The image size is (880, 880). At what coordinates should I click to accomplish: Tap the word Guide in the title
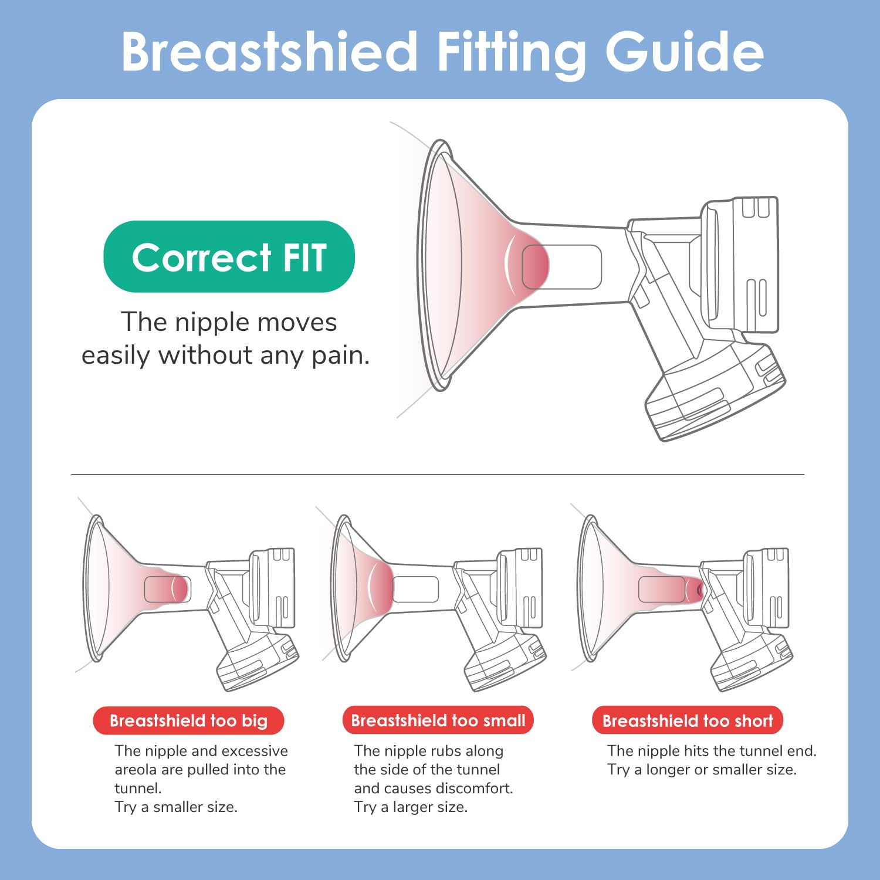click(685, 53)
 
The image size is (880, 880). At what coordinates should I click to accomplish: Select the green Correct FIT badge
click(229, 256)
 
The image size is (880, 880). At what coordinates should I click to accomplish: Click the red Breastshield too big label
click(188, 720)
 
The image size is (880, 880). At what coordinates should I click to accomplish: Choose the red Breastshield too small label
click(438, 720)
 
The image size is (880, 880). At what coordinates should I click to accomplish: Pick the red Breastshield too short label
click(688, 720)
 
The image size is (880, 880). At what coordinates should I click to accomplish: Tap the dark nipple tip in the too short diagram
click(699, 590)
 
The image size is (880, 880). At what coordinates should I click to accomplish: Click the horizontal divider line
click(438, 474)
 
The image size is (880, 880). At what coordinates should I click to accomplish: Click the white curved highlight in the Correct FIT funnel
click(509, 265)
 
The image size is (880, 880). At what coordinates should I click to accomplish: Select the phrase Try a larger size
click(411, 807)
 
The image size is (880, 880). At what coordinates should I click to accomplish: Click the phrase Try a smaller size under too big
click(176, 807)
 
